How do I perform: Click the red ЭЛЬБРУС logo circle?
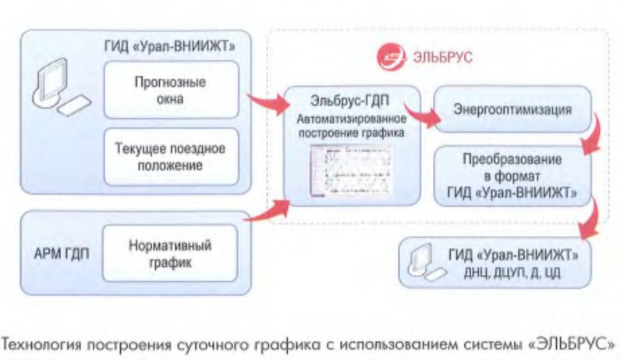point(390,57)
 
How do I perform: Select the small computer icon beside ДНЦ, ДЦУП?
point(420,264)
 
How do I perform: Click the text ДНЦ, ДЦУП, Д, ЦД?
point(512,273)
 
